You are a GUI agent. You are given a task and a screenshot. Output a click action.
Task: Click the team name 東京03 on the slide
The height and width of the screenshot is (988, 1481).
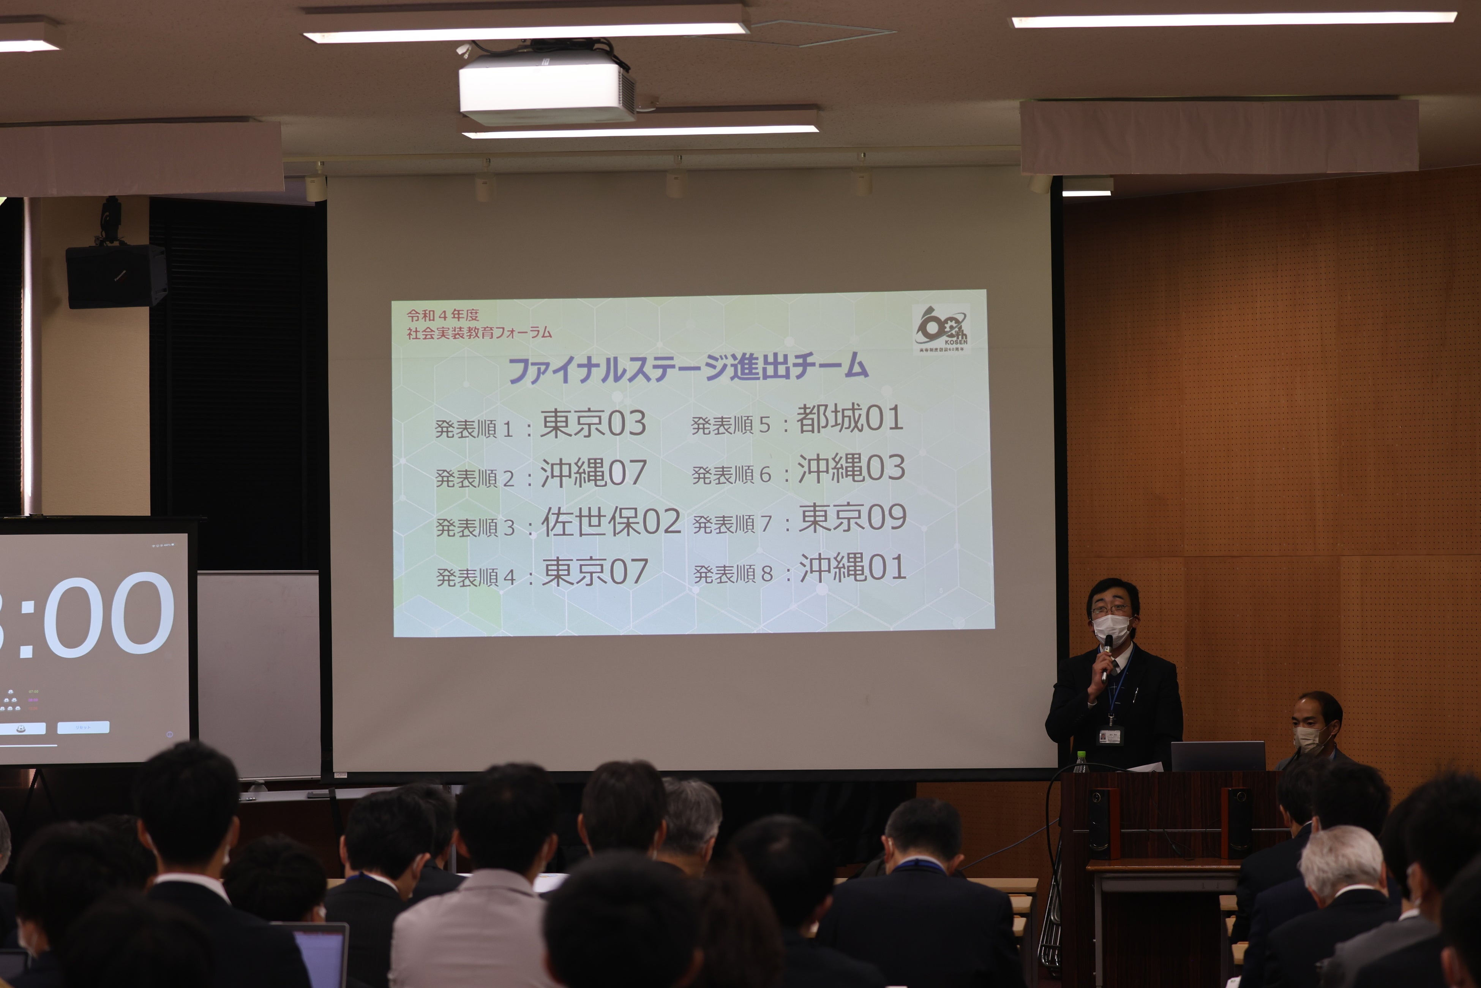pos(593,423)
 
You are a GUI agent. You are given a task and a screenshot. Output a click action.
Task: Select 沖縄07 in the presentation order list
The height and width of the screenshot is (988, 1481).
pos(593,473)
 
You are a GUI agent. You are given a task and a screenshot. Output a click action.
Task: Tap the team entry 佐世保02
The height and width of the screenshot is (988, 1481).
pos(611,522)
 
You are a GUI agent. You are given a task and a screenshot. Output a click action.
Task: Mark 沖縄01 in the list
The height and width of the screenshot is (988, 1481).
pos(853,568)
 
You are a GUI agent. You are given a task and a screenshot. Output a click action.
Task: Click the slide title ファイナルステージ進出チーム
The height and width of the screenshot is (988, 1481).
pos(688,368)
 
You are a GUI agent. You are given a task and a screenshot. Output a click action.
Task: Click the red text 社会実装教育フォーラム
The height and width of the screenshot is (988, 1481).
pos(478,333)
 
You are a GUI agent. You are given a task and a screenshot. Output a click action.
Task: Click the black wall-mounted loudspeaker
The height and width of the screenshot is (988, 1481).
pos(117,276)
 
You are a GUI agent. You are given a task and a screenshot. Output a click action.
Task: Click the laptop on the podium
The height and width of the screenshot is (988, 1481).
pos(1217,756)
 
